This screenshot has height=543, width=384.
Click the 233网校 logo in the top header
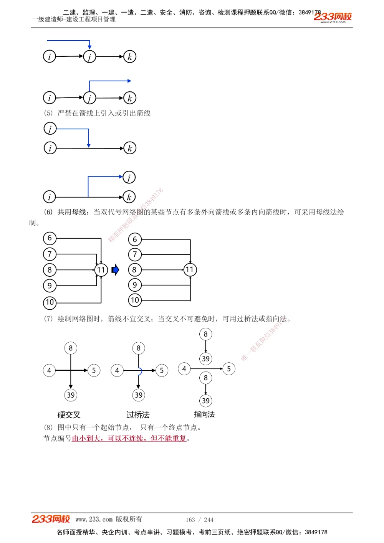pyautogui.click(x=333, y=17)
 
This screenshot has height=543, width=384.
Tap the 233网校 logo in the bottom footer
pyautogui.click(x=51, y=519)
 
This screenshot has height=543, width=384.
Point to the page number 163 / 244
pyautogui.click(x=199, y=520)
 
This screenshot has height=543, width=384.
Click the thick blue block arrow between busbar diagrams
pyautogui.click(x=115, y=270)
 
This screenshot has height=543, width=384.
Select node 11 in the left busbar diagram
pyautogui.click(x=101, y=270)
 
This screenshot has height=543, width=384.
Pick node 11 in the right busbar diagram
pyautogui.click(x=190, y=269)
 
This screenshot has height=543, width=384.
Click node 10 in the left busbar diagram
pyautogui.click(x=50, y=302)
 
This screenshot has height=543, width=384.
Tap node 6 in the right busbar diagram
pyautogui.click(x=135, y=239)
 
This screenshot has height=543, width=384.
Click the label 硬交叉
pyautogui.click(x=69, y=415)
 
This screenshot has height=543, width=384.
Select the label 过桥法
pyautogui.click(x=138, y=415)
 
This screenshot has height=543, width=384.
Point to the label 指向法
pyautogui.click(x=204, y=414)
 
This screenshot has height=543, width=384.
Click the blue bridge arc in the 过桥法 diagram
pyautogui.click(x=141, y=371)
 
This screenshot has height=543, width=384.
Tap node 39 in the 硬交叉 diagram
pyautogui.click(x=71, y=395)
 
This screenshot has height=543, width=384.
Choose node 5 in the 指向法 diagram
pyautogui.click(x=229, y=369)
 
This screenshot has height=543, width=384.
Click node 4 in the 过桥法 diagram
pyautogui.click(x=117, y=370)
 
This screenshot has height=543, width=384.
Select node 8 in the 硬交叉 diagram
pyautogui.click(x=71, y=348)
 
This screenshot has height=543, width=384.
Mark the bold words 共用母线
pyautogui.click(x=71, y=212)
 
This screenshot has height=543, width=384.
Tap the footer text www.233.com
pyautogui.click(x=94, y=519)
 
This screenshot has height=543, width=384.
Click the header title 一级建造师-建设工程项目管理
pyautogui.click(x=74, y=19)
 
